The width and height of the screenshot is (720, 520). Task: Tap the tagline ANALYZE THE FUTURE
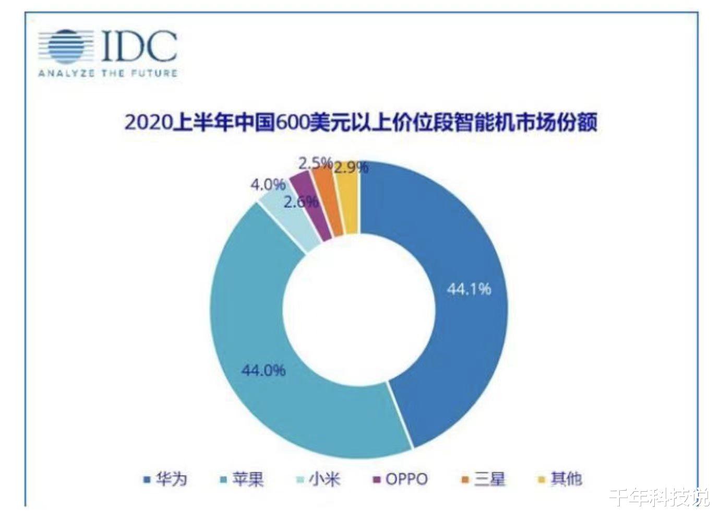[x=107, y=73]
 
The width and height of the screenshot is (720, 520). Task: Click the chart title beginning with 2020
[x=360, y=123]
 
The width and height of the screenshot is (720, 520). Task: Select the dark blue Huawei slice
[x=459, y=313]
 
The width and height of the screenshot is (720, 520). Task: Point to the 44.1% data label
[x=469, y=289]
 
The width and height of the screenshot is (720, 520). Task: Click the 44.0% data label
[x=263, y=370]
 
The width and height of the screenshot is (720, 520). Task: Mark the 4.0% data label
[x=268, y=184]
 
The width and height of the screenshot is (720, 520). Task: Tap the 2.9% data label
[x=351, y=167]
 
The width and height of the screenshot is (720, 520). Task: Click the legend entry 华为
[x=166, y=479]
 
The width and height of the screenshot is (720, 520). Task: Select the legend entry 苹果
[x=242, y=479]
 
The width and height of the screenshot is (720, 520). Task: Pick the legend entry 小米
[x=318, y=479]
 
